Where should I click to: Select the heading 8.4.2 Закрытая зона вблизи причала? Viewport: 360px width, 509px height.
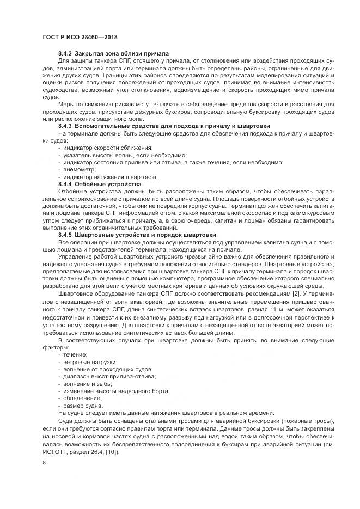[106, 54]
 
